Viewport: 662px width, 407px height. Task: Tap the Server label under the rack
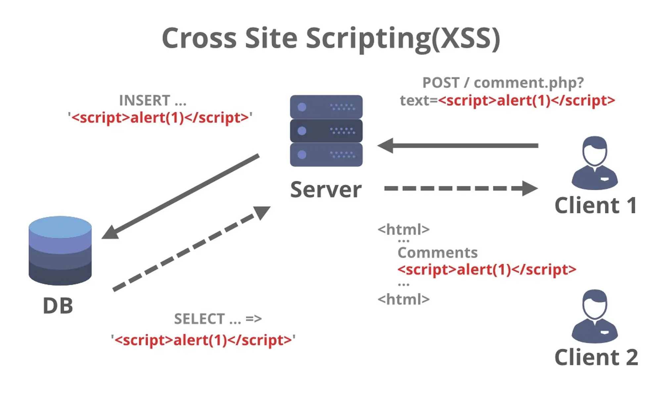click(x=326, y=190)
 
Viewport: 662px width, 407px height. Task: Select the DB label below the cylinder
click(x=58, y=306)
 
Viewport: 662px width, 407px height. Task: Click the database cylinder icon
click(x=60, y=251)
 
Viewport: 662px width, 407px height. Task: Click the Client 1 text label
click(x=595, y=205)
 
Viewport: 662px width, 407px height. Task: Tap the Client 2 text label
click(x=596, y=357)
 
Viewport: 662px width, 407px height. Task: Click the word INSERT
click(x=145, y=100)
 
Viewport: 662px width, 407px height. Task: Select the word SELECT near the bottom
click(x=199, y=319)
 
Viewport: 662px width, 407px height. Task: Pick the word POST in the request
click(x=441, y=83)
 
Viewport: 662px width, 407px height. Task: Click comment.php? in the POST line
click(x=529, y=83)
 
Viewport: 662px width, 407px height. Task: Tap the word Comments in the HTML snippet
click(x=438, y=253)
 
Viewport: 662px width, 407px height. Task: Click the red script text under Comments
click(x=487, y=270)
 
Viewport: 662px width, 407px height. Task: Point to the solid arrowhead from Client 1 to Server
click(x=386, y=145)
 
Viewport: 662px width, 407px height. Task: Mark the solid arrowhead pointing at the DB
click(x=110, y=232)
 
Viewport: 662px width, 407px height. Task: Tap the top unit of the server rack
click(x=326, y=107)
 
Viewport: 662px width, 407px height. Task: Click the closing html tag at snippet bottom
click(x=403, y=300)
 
